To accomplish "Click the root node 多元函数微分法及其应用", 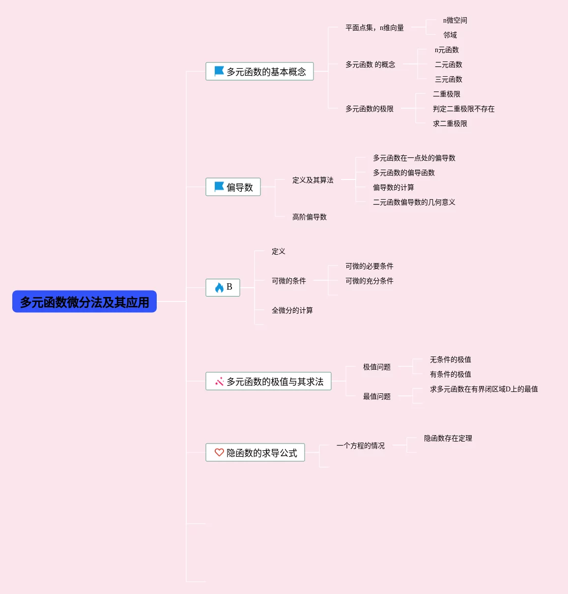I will click(85, 302).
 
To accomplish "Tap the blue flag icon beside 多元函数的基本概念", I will click(219, 71).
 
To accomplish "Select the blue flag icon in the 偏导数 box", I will click(219, 187).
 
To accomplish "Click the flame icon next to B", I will click(219, 288).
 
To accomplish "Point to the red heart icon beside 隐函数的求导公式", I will click(219, 452).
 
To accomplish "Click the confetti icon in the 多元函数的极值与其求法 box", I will click(219, 382).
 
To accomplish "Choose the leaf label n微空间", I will click(455, 20).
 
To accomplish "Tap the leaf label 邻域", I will click(450, 35).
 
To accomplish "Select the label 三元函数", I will click(448, 79).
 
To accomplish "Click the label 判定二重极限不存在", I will click(463, 109).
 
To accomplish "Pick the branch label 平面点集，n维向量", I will click(374, 28).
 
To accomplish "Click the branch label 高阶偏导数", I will click(309, 217).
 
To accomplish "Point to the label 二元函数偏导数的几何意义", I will click(414, 202).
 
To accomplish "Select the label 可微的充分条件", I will click(369, 281).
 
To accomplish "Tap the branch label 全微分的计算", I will click(292, 310).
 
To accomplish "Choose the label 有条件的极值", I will click(450, 374).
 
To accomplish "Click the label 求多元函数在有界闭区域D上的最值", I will click(483, 389).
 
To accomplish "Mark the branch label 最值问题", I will click(376, 396).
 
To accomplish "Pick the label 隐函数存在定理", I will click(448, 438).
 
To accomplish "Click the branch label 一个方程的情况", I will click(360, 445).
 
